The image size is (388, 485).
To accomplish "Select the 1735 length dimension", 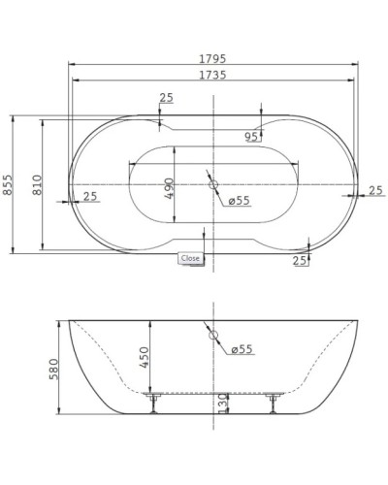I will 211,74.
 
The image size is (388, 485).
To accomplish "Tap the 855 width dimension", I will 9,183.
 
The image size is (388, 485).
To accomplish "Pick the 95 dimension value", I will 251,137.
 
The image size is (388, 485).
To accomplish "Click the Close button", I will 190,258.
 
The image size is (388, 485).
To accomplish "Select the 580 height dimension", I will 54,371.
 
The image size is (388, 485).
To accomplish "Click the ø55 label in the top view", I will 240,201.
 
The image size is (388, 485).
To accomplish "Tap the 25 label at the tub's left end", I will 90,197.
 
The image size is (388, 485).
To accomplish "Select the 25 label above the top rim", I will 166,98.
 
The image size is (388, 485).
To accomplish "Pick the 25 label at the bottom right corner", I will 300,260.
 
